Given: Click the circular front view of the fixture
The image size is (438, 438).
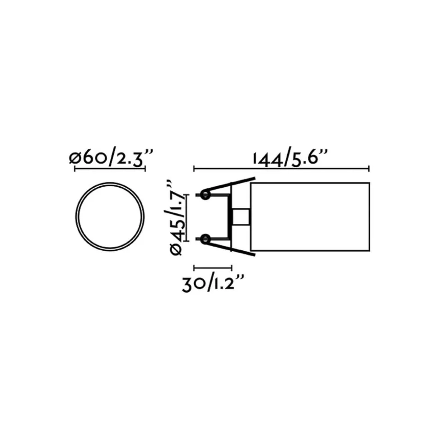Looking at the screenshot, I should (110, 217).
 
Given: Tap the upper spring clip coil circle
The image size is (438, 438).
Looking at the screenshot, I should (205, 195).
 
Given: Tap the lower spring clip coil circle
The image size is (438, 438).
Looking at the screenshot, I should (205, 239).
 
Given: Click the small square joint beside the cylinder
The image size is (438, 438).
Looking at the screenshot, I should (242, 217).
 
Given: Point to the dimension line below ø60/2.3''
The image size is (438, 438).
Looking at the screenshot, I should (110, 169).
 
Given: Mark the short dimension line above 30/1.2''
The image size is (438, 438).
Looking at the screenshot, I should (213, 267).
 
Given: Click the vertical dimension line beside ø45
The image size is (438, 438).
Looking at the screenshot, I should (186, 217).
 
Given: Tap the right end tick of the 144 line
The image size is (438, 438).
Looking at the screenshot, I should (369, 169).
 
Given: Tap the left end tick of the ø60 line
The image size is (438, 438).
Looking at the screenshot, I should (74, 169).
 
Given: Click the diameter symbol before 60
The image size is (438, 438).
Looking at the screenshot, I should (75, 158).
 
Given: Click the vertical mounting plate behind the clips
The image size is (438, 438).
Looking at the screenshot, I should (231, 217).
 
